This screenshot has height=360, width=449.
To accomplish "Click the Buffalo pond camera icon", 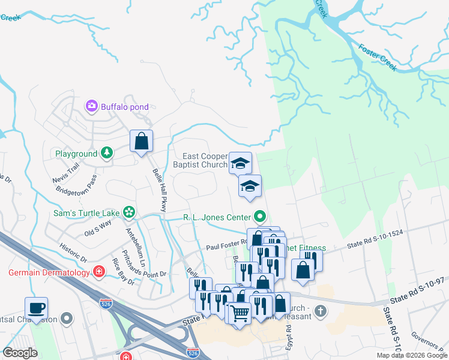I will pyautogui.click(x=92, y=107).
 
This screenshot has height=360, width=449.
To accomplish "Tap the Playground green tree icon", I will pyautogui.click(x=107, y=153).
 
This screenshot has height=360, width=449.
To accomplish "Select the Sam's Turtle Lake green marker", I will pyautogui.click(x=128, y=212).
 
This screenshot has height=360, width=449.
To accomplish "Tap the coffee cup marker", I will pyautogui.click(x=36, y=308).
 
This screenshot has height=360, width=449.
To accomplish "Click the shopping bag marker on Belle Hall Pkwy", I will pyautogui.click(x=141, y=142).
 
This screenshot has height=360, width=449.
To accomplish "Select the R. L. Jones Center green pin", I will pyautogui.click(x=260, y=216).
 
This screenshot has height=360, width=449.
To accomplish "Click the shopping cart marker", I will pyautogui.click(x=240, y=312).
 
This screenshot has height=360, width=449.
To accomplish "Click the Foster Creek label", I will pyautogui.click(x=378, y=57).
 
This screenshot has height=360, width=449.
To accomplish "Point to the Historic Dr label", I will pyautogui.click(x=74, y=250).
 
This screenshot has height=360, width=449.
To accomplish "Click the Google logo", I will pyautogui.click(x=20, y=353).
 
